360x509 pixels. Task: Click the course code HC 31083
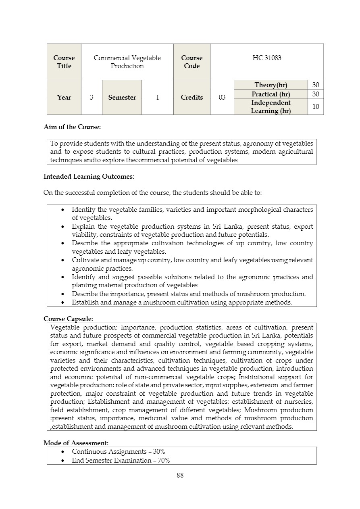coord(266,58)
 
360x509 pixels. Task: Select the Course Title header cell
coord(64,62)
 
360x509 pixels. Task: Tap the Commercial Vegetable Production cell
coord(127,62)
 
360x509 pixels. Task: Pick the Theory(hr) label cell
coord(271,85)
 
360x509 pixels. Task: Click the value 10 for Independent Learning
coord(316,106)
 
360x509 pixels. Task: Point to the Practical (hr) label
coord(271,94)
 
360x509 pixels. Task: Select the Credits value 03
coord(222,98)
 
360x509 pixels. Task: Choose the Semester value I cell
coord(157,98)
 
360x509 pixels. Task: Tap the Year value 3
coord(92,98)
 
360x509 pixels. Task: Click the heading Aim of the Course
coord(72,127)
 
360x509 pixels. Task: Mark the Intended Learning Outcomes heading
coord(89,176)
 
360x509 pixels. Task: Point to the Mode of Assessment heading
coord(76,443)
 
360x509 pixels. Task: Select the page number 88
coord(180,475)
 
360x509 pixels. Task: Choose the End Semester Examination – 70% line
coord(121,460)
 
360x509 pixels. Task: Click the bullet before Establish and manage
coord(63,302)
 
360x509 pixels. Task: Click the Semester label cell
coord(122,98)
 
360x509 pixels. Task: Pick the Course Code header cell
coord(191,62)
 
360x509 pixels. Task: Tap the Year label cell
coord(64,98)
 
